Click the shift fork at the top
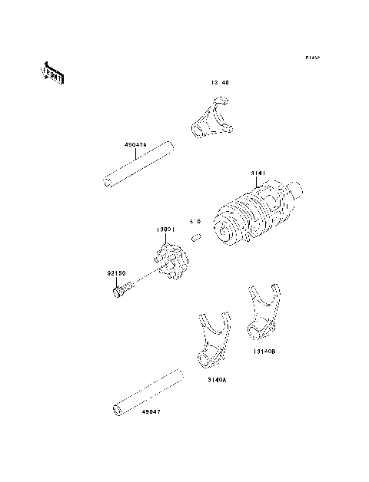click(x=209, y=119)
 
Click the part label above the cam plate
click(x=167, y=229)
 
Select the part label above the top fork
click(x=219, y=81)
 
